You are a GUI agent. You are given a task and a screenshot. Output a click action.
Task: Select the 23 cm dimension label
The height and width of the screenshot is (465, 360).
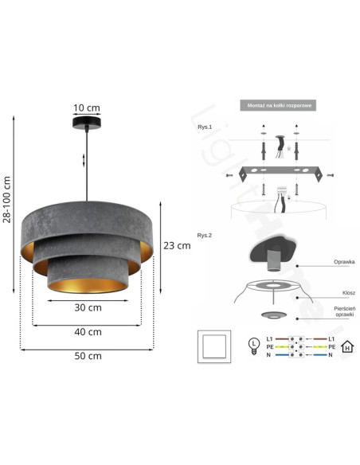(x=177, y=246)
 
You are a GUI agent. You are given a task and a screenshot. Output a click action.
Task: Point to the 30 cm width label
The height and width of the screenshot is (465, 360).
(x=88, y=307)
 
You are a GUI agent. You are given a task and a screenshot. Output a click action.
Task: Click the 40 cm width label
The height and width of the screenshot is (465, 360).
(x=88, y=331)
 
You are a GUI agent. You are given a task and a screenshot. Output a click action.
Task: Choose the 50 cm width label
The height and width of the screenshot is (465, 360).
(x=88, y=356)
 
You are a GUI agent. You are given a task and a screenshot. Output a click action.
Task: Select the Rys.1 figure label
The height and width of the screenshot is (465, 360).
(x=205, y=127)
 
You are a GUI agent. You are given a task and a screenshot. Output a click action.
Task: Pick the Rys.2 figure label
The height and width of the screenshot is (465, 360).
(x=205, y=236)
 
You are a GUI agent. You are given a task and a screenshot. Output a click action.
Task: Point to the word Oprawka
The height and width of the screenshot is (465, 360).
(x=343, y=261)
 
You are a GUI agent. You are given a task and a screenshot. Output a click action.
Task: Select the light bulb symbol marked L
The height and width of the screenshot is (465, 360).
(x=254, y=343)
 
